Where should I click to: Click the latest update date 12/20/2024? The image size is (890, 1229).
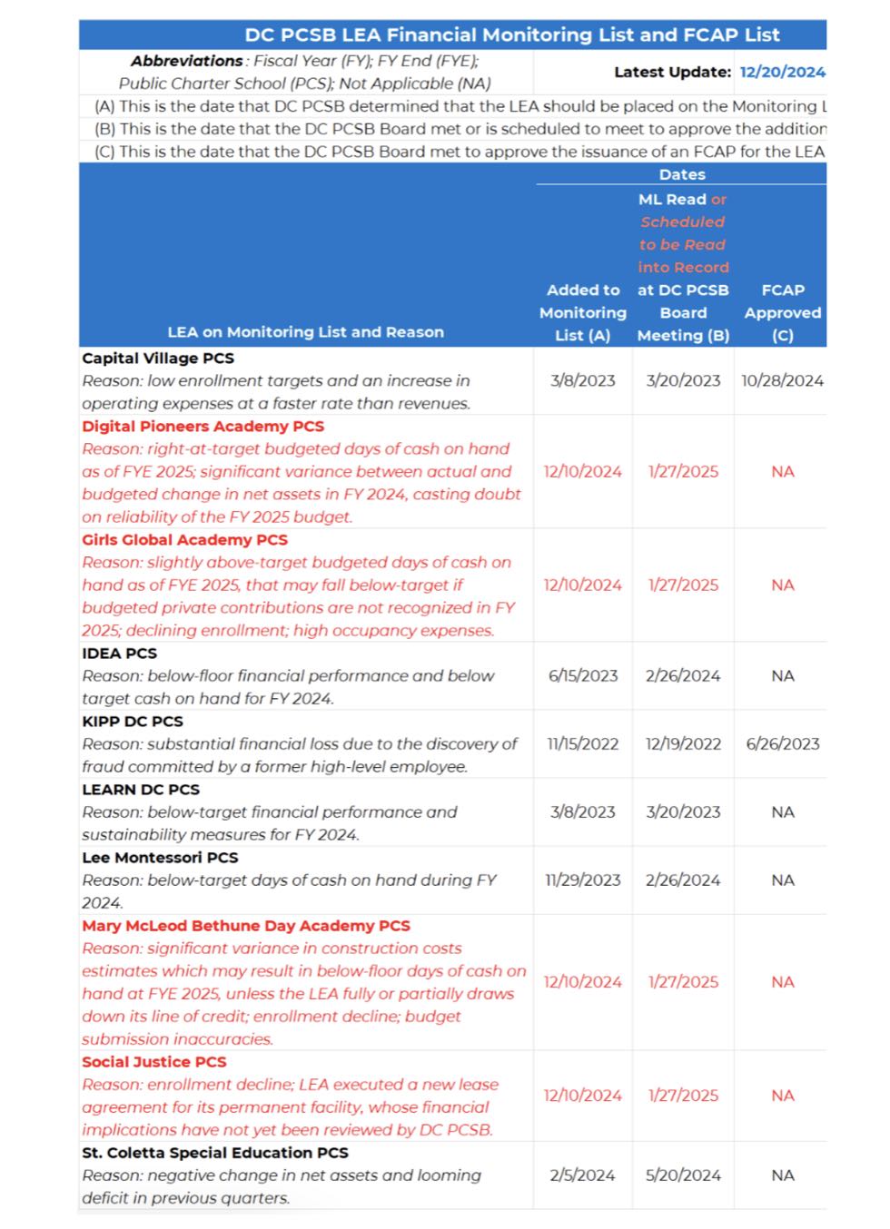tap(782, 72)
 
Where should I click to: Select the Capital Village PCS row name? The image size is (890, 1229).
tap(158, 359)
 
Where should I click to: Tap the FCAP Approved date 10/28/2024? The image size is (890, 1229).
tap(782, 381)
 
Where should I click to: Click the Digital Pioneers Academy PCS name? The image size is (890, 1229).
tap(203, 427)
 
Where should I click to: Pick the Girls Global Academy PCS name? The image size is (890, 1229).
tap(184, 540)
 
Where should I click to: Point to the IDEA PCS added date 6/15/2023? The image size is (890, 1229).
tap(582, 676)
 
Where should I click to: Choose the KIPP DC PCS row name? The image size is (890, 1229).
tap(133, 722)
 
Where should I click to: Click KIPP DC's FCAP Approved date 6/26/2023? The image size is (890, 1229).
tap(782, 744)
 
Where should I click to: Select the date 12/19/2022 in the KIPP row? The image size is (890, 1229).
tap(683, 744)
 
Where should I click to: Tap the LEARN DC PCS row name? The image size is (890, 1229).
tap(141, 790)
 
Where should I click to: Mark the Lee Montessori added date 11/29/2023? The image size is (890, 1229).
tap(582, 880)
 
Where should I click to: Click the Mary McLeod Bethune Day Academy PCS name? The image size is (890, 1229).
tap(246, 926)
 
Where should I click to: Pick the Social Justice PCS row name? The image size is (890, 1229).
tap(154, 1062)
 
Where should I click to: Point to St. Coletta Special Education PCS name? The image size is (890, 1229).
tap(215, 1153)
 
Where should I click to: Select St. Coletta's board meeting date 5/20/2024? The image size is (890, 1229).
tap(683, 1175)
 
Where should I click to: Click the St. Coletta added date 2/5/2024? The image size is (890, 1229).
tap(582, 1175)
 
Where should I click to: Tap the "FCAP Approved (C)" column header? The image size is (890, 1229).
tap(782, 312)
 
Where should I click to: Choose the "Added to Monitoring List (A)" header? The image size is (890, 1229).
tap(582, 312)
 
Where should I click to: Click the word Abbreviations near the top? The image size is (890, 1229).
tap(186, 61)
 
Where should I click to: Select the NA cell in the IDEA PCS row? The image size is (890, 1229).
tap(782, 676)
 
